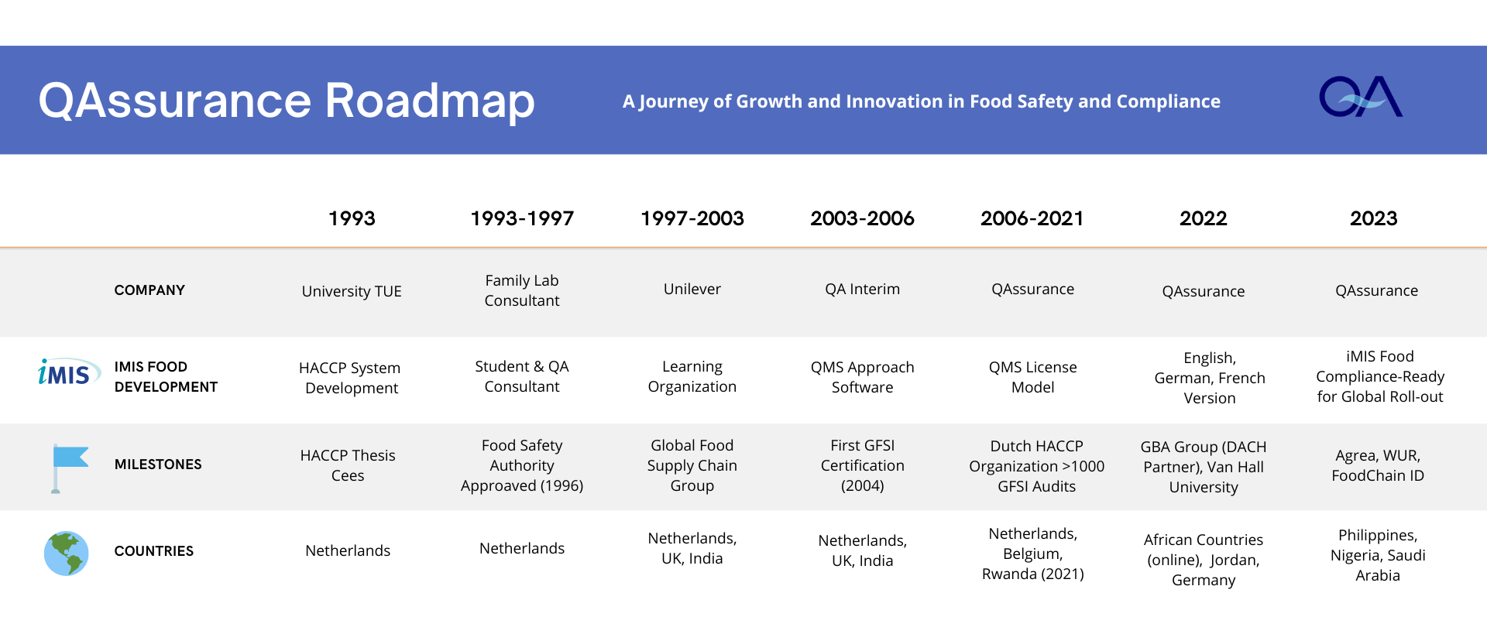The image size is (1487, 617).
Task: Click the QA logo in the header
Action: point(1361,97)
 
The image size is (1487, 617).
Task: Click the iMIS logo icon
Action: point(69,372)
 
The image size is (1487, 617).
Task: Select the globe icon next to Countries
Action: point(67,553)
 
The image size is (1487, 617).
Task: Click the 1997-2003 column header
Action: point(692,218)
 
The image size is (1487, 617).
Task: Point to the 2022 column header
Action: point(1204,218)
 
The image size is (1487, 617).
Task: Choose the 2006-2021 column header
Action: point(1032,218)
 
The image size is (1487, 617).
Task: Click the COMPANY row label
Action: point(149,290)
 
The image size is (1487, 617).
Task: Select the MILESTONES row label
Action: point(158,464)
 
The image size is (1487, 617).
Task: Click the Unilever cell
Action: point(692,289)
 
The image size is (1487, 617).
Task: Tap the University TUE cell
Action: point(352,292)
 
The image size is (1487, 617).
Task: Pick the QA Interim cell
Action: point(863,289)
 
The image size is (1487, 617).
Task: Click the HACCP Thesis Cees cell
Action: point(348,465)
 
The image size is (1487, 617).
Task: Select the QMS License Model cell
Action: point(1033,377)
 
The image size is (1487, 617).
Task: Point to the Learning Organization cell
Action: point(692,377)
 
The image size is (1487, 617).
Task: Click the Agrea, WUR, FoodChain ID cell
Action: point(1378,465)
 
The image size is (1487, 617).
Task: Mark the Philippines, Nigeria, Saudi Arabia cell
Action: point(1378,555)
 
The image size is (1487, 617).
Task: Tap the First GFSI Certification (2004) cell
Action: point(863,465)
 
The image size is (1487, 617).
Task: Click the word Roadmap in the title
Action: point(430,101)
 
